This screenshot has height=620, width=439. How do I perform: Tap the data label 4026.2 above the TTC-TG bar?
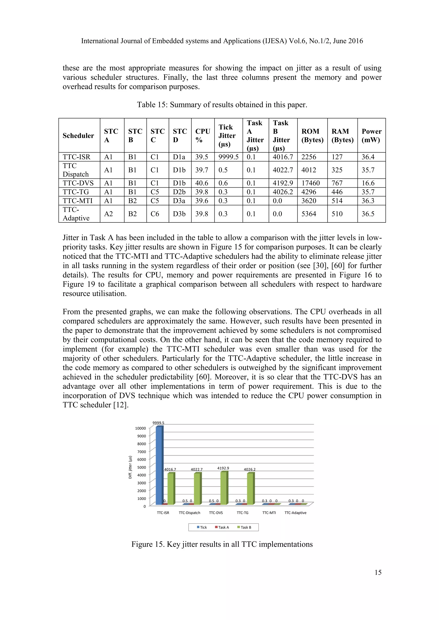click(250, 469)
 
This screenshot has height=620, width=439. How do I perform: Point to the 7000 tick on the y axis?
click(141, 452)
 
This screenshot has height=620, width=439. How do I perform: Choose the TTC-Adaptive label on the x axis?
click(295, 513)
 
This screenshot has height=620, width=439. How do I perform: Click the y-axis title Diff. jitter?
click(130, 467)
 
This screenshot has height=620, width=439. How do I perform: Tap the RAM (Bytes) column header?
click(342, 135)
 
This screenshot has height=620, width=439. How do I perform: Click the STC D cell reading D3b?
click(179, 214)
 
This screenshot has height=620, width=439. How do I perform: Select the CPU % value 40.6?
click(202, 183)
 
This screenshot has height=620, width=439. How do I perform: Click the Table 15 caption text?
click(222, 104)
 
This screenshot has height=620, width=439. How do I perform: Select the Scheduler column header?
click(78, 135)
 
